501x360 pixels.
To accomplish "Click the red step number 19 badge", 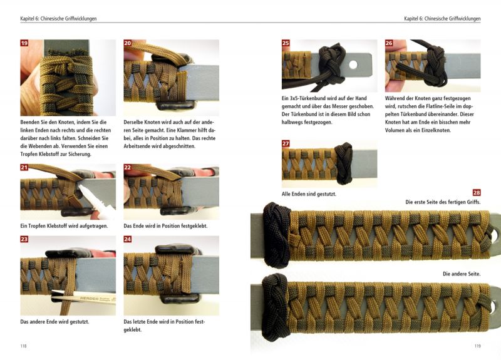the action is [x=24, y=43].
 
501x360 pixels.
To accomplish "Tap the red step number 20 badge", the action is [x=128, y=43].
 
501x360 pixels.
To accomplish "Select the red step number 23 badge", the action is [x=24, y=239].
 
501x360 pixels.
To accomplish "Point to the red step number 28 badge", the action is [x=477, y=193].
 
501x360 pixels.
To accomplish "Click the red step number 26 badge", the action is [x=389, y=43].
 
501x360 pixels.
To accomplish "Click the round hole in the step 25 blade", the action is [x=353, y=64].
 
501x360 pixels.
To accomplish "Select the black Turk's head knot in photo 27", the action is [x=343, y=163].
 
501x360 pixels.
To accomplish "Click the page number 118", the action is [x=23, y=346].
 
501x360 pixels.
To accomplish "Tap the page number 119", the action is [x=477, y=346].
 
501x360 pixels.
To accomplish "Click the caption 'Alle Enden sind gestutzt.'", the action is [x=309, y=194].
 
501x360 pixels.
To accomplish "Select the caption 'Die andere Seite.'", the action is [x=462, y=274].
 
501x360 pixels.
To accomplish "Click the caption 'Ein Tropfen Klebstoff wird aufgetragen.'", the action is [x=64, y=226].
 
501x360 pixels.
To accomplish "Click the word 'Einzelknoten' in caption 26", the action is [x=435, y=130].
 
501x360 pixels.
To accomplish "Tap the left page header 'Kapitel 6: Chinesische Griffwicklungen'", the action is [x=58, y=19].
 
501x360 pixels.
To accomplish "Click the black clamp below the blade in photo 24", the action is [x=179, y=299].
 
